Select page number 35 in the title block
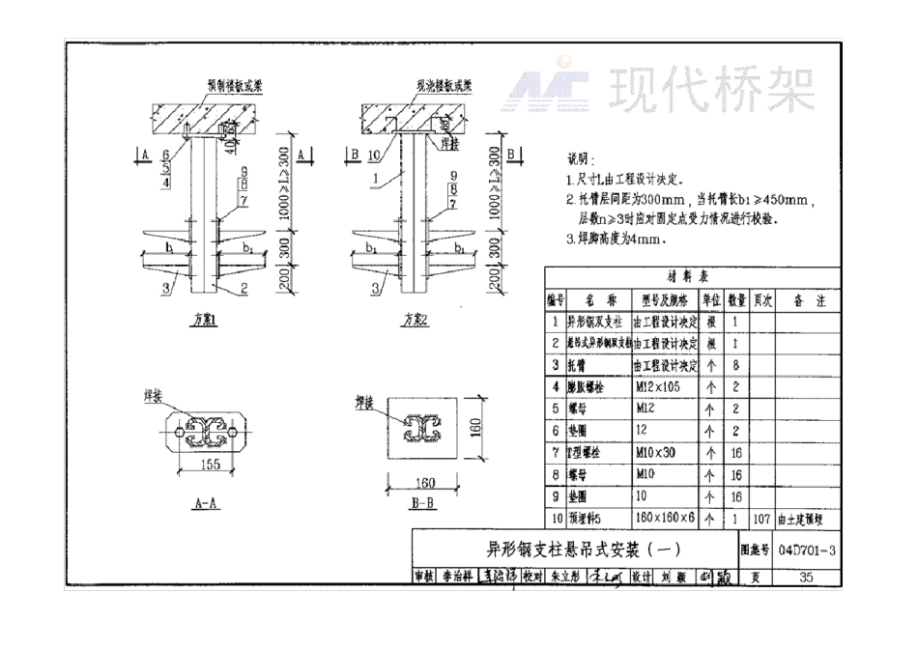pyautogui.click(x=807, y=578)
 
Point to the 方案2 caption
pyautogui.click(x=416, y=320)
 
